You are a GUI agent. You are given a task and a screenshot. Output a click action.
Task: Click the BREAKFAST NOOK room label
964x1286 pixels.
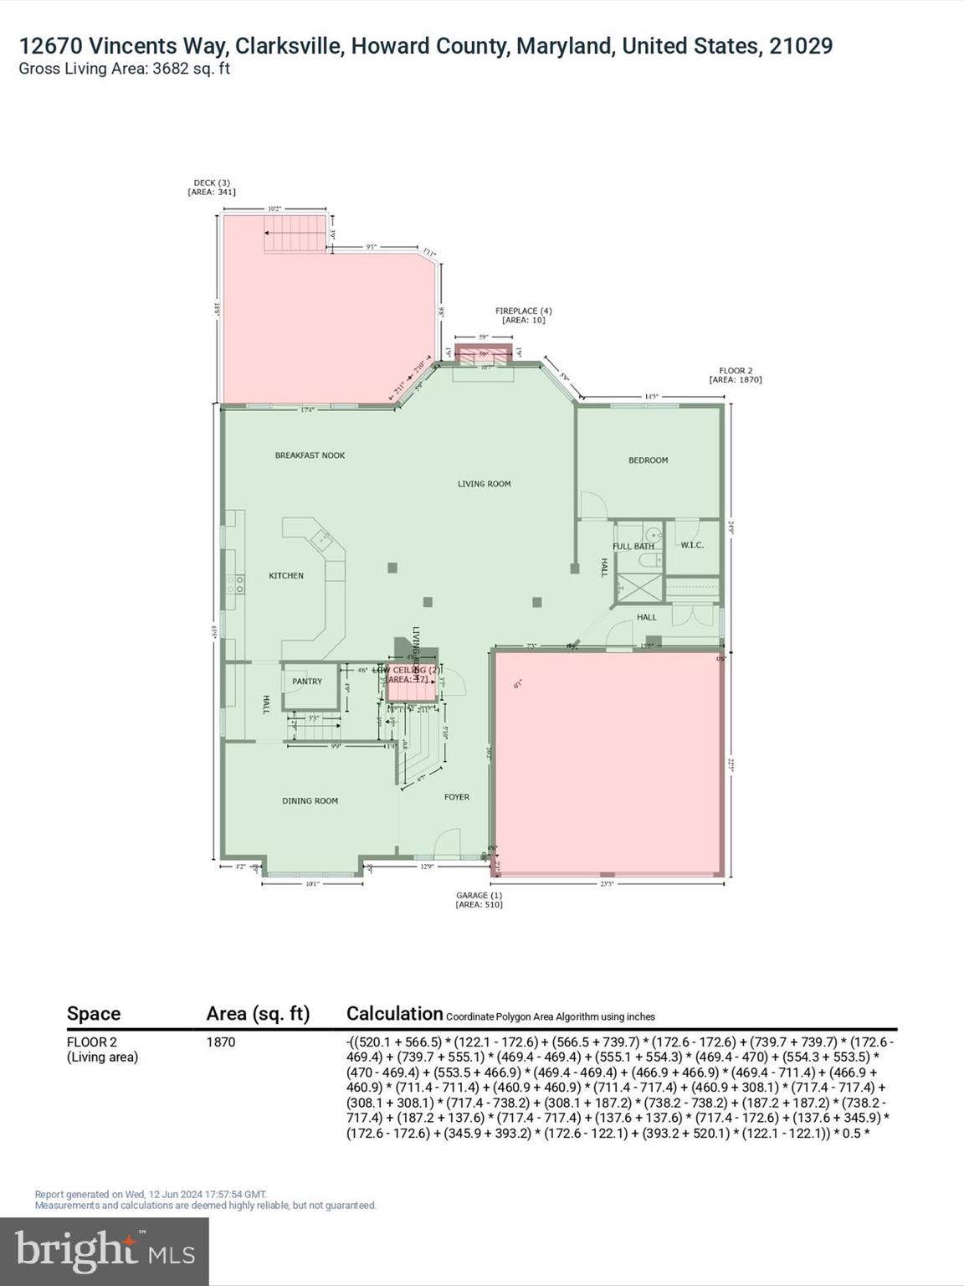click(310, 455)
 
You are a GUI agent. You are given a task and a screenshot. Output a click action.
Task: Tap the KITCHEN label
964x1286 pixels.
click(286, 576)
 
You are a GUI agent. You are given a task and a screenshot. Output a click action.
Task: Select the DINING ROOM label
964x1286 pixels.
click(310, 801)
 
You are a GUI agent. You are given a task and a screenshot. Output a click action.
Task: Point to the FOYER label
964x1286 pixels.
click(457, 797)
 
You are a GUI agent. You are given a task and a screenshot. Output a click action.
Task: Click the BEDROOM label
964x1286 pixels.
click(649, 460)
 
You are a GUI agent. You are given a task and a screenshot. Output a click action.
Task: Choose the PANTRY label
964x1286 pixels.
click(307, 682)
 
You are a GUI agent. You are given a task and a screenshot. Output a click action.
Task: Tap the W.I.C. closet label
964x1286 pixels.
click(692, 545)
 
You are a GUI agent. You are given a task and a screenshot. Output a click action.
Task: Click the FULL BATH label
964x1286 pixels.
click(633, 547)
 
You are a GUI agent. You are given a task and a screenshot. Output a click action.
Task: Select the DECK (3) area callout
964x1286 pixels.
click(212, 188)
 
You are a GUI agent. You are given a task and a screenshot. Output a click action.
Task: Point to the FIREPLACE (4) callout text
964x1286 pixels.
click(523, 316)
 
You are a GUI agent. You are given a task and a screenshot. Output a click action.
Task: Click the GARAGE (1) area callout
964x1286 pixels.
click(479, 900)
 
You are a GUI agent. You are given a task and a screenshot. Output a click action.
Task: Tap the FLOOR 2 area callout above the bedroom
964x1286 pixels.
click(736, 375)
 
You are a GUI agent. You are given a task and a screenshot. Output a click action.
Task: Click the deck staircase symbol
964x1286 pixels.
click(295, 234)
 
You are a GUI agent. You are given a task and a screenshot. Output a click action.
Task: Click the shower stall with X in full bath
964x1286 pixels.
click(639, 587)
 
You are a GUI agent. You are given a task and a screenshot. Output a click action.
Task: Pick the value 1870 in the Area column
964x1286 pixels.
click(221, 1042)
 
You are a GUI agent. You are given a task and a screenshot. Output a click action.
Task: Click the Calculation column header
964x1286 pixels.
click(394, 1014)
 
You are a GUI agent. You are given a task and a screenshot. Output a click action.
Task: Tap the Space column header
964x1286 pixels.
click(94, 1014)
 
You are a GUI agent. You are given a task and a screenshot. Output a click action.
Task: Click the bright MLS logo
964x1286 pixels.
click(105, 1251)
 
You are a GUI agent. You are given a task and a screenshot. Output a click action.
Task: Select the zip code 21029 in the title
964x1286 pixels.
click(801, 46)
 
